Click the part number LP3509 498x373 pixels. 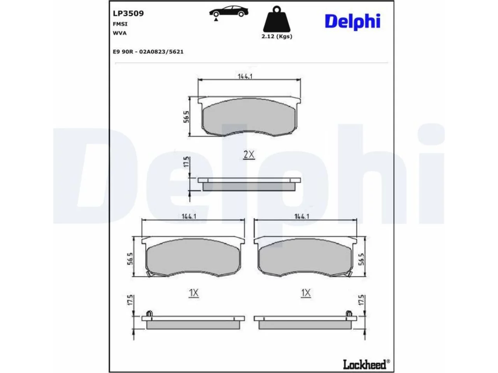(128, 13)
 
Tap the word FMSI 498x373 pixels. (120, 24)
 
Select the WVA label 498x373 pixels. (119, 33)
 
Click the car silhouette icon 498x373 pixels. (228, 11)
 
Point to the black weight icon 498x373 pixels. (277, 19)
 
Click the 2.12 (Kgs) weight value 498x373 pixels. (277, 37)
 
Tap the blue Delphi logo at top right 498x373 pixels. (352, 22)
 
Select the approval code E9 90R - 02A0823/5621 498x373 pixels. (148, 52)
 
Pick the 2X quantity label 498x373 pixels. (249, 155)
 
